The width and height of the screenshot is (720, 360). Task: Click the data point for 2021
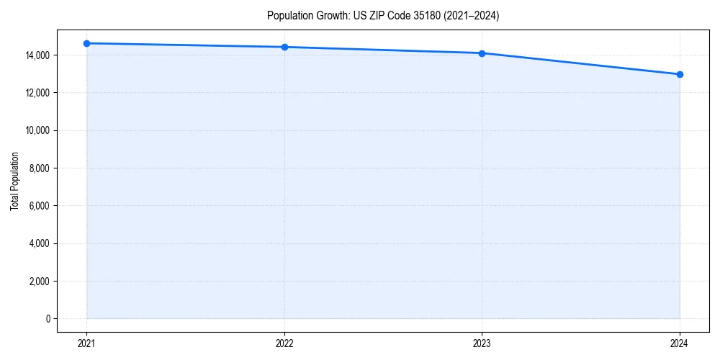[x=86, y=43]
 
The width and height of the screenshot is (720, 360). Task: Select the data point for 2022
[x=284, y=47]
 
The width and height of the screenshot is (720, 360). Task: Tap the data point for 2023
[x=482, y=53]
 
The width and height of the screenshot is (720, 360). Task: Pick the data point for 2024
[x=680, y=74]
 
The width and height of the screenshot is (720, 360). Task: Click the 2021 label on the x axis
[x=86, y=343]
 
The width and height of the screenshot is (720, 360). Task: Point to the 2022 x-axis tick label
[x=284, y=343]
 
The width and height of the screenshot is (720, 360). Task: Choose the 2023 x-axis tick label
[x=482, y=343]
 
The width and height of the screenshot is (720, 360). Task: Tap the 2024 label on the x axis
[x=680, y=343]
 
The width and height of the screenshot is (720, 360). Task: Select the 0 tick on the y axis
[x=48, y=319]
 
